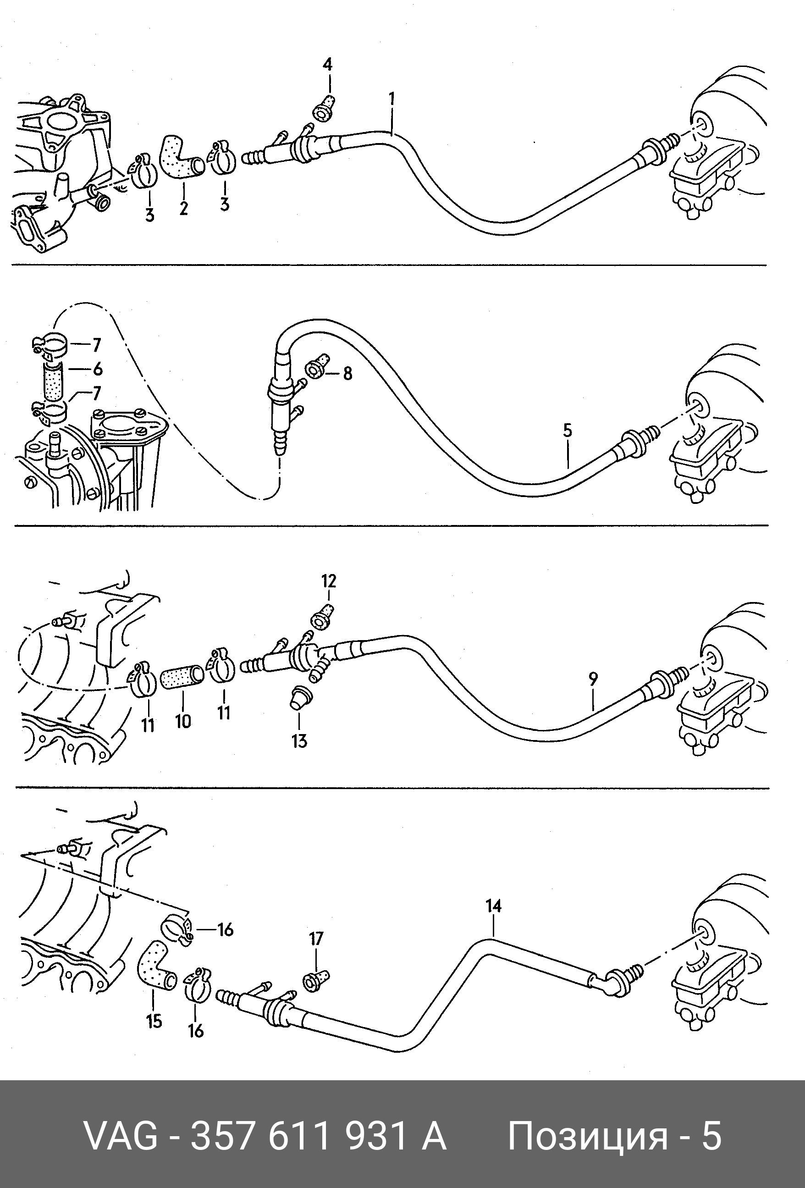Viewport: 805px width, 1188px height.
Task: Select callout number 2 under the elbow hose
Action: click(x=183, y=208)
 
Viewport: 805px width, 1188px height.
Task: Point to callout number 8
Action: click(x=347, y=374)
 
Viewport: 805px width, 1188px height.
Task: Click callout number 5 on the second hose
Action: click(x=568, y=430)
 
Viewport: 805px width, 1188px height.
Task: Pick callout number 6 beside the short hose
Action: click(x=97, y=369)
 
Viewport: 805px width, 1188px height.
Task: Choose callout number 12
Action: click(x=329, y=581)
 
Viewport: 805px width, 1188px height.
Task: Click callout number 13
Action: click(x=299, y=740)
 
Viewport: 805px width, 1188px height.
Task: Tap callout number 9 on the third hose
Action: click(x=593, y=679)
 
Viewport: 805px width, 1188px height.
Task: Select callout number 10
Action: click(x=183, y=721)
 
